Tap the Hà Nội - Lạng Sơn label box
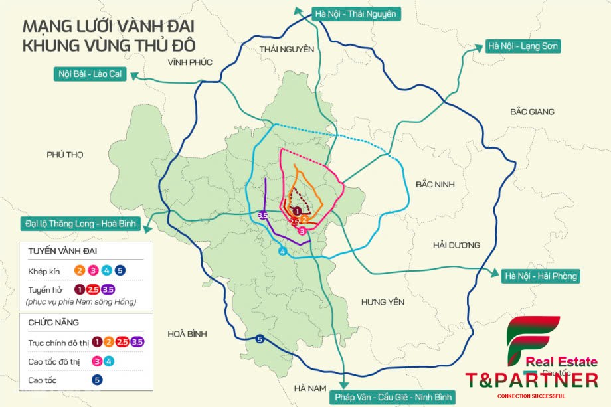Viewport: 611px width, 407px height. [x=523, y=46]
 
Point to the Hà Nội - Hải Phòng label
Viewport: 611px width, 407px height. [x=541, y=276]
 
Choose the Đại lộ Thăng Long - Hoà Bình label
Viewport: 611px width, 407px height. [x=78, y=224]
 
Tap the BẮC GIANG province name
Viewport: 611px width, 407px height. [x=532, y=112]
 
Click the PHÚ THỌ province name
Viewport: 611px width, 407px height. [x=65, y=154]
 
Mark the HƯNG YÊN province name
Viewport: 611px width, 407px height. [x=383, y=302]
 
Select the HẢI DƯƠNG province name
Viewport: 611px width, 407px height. [x=456, y=245]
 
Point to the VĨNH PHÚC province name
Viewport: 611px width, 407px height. [x=189, y=62]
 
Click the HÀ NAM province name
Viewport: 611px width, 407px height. [x=311, y=387]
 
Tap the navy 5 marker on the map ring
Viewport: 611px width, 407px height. [x=260, y=340]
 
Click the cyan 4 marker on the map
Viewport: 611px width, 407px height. [x=282, y=252]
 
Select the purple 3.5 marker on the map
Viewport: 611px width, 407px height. [x=262, y=215]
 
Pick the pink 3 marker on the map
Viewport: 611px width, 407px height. [x=302, y=231]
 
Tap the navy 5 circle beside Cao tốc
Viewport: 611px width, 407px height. [x=97, y=380]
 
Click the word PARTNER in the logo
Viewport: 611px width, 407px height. [x=544, y=380]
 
